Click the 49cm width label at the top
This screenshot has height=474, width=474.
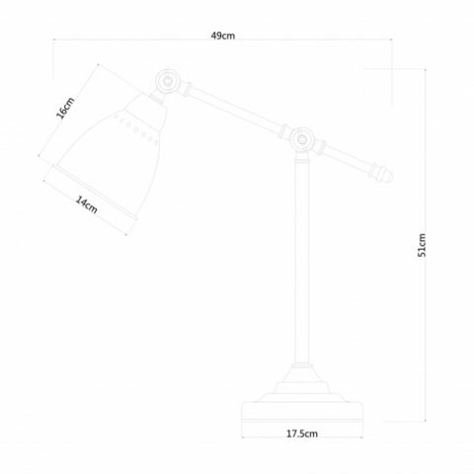pos(222,36)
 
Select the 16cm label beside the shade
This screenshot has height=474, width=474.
pos(64,108)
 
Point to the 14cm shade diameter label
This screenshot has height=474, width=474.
pos(86,204)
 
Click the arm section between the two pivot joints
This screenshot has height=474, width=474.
pos(233,110)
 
